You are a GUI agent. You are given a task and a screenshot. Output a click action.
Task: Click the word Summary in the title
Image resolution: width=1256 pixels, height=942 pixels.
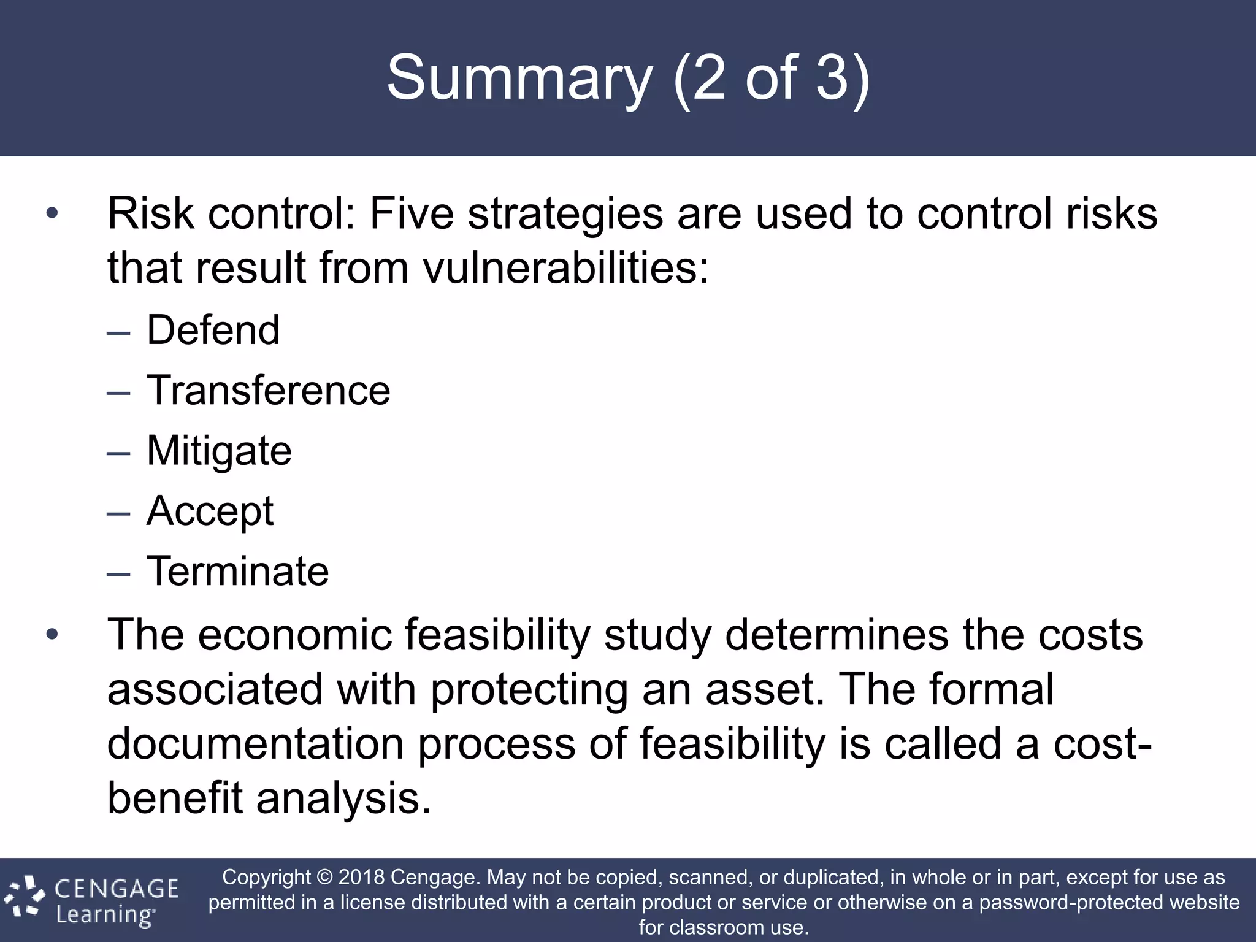(x=519, y=78)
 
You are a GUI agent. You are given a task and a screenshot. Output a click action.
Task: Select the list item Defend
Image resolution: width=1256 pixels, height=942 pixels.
(x=213, y=330)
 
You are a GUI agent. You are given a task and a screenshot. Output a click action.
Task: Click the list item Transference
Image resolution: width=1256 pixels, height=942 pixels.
(x=268, y=390)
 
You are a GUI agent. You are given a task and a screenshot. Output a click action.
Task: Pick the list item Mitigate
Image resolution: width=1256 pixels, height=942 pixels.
(x=219, y=451)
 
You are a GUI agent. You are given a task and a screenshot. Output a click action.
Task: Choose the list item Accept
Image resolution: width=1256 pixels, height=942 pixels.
(x=210, y=511)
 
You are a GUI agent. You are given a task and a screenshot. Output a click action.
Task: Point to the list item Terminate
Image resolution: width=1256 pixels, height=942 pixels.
(x=237, y=571)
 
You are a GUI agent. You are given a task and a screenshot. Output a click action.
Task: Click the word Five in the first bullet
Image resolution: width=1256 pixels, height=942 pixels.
(x=412, y=213)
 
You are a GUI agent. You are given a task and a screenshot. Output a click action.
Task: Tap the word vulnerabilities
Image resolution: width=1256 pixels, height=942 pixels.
(x=565, y=268)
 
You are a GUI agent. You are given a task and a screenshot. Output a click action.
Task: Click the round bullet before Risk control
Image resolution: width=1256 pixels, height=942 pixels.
(x=52, y=214)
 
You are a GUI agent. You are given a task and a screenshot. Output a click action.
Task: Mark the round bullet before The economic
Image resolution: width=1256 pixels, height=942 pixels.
(x=52, y=635)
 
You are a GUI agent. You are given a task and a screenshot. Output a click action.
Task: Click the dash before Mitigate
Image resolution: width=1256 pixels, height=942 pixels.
(x=118, y=453)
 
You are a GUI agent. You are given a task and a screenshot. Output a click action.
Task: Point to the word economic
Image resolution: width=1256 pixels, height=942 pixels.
(x=294, y=635)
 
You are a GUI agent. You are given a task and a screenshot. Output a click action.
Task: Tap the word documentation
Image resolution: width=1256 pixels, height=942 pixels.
(x=255, y=743)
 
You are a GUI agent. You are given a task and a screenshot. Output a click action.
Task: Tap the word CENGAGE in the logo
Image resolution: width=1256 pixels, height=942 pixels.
(x=117, y=889)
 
